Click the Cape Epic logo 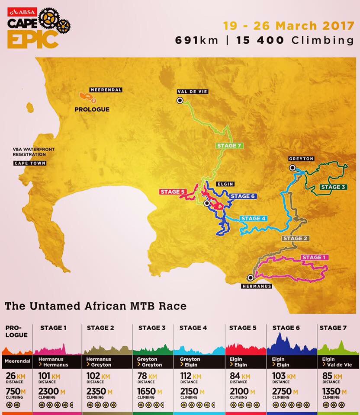pos(37,29)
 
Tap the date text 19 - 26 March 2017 pos(289,25)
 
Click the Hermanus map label pos(256,286)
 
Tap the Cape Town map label pos(30,163)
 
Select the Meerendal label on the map pos(106,90)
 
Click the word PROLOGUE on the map pos(92,109)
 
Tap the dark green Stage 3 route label pos(333,187)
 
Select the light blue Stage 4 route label pos(253,218)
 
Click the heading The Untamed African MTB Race pos(96,306)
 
